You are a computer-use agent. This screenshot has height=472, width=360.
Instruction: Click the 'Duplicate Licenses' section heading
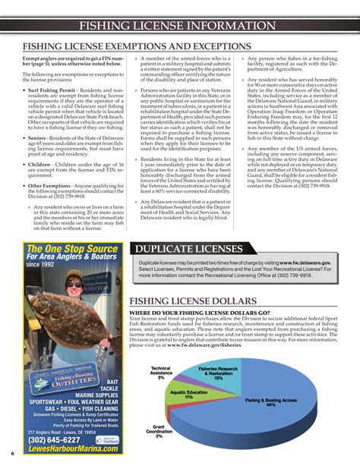coord(188,249)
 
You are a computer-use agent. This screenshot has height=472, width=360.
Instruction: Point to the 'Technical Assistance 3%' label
coord(162,373)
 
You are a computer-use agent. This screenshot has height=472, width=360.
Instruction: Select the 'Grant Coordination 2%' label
coord(159,431)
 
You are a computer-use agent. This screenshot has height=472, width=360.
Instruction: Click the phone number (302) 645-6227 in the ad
coord(54,440)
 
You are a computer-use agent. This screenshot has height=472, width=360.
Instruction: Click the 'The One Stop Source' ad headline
coord(71,249)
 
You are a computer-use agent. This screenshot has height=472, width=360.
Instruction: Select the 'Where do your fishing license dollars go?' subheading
coord(200,312)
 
